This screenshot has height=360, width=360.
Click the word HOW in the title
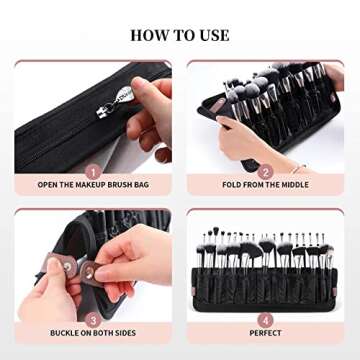[148, 35]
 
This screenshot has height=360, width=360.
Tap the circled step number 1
[92, 171]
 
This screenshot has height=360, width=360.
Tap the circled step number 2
[266, 171]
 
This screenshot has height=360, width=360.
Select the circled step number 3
[92, 318]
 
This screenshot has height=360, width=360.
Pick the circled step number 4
[266, 318]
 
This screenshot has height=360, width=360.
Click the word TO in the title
[182, 35]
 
